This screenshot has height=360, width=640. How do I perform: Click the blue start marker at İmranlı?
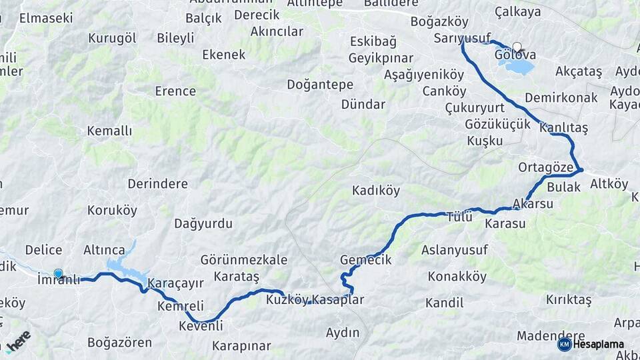click(x=58, y=273)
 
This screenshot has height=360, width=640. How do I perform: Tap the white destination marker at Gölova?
click(x=517, y=47)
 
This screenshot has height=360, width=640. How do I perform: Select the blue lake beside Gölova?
click(x=521, y=67)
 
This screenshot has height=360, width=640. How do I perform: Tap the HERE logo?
click(x=18, y=341)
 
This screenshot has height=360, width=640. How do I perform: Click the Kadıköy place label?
click(x=376, y=191)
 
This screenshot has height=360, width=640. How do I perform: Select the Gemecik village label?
click(x=365, y=259)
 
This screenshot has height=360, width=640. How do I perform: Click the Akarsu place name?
click(x=533, y=204)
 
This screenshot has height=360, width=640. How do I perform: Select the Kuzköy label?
click(x=287, y=300)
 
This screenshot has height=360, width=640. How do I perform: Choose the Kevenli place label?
click(x=201, y=326)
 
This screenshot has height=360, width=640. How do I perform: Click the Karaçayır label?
click(x=175, y=283)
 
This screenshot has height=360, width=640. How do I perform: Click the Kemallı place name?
click(x=109, y=131)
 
